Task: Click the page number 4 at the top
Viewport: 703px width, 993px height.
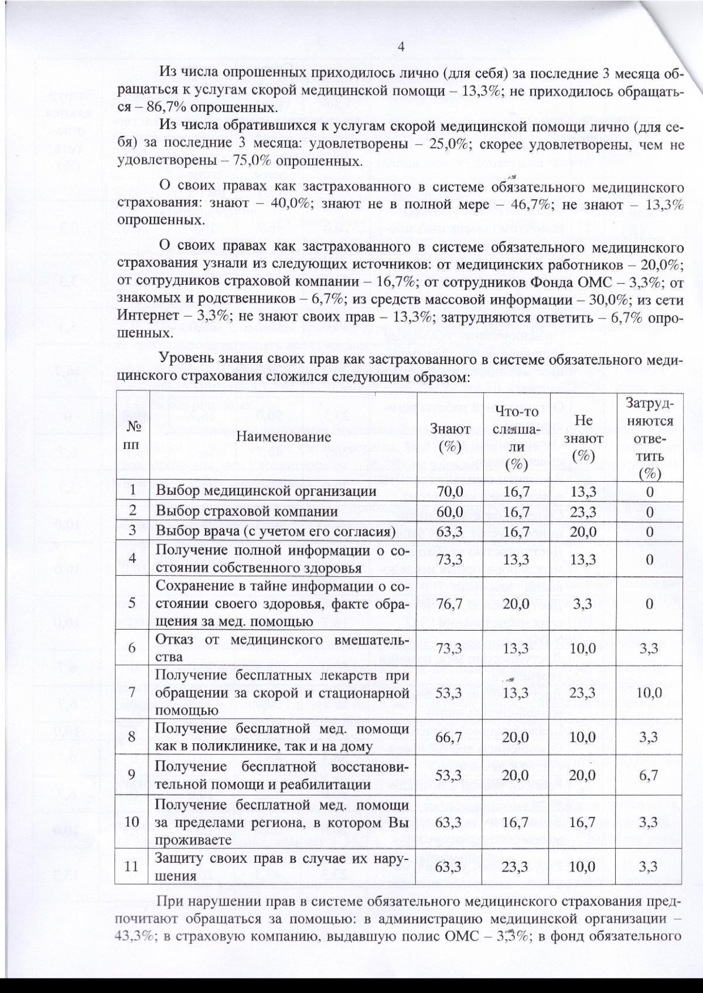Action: pos(402,47)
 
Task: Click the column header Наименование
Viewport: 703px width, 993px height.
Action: pos(284,436)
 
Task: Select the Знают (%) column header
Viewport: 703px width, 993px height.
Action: pos(450,437)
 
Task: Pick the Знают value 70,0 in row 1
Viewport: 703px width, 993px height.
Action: pos(450,491)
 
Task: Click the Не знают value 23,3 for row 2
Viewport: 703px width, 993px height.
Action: pos(583,511)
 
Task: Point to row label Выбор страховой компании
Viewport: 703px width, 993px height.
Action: pos(247,511)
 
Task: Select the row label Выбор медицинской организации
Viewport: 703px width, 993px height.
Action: pos(265,491)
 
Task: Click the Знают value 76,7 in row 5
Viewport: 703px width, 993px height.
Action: pos(450,604)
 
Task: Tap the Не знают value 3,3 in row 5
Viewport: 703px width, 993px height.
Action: pos(583,604)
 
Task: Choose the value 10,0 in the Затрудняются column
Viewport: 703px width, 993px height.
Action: pos(649,692)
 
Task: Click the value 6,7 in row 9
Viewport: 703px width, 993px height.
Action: pos(649,775)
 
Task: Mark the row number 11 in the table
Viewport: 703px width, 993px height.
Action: pos(132,866)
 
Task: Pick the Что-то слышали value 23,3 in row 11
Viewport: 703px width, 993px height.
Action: pos(516,866)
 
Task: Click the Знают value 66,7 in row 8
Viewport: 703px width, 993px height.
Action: pos(450,736)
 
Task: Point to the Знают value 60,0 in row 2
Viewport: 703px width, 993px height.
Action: pos(450,511)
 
